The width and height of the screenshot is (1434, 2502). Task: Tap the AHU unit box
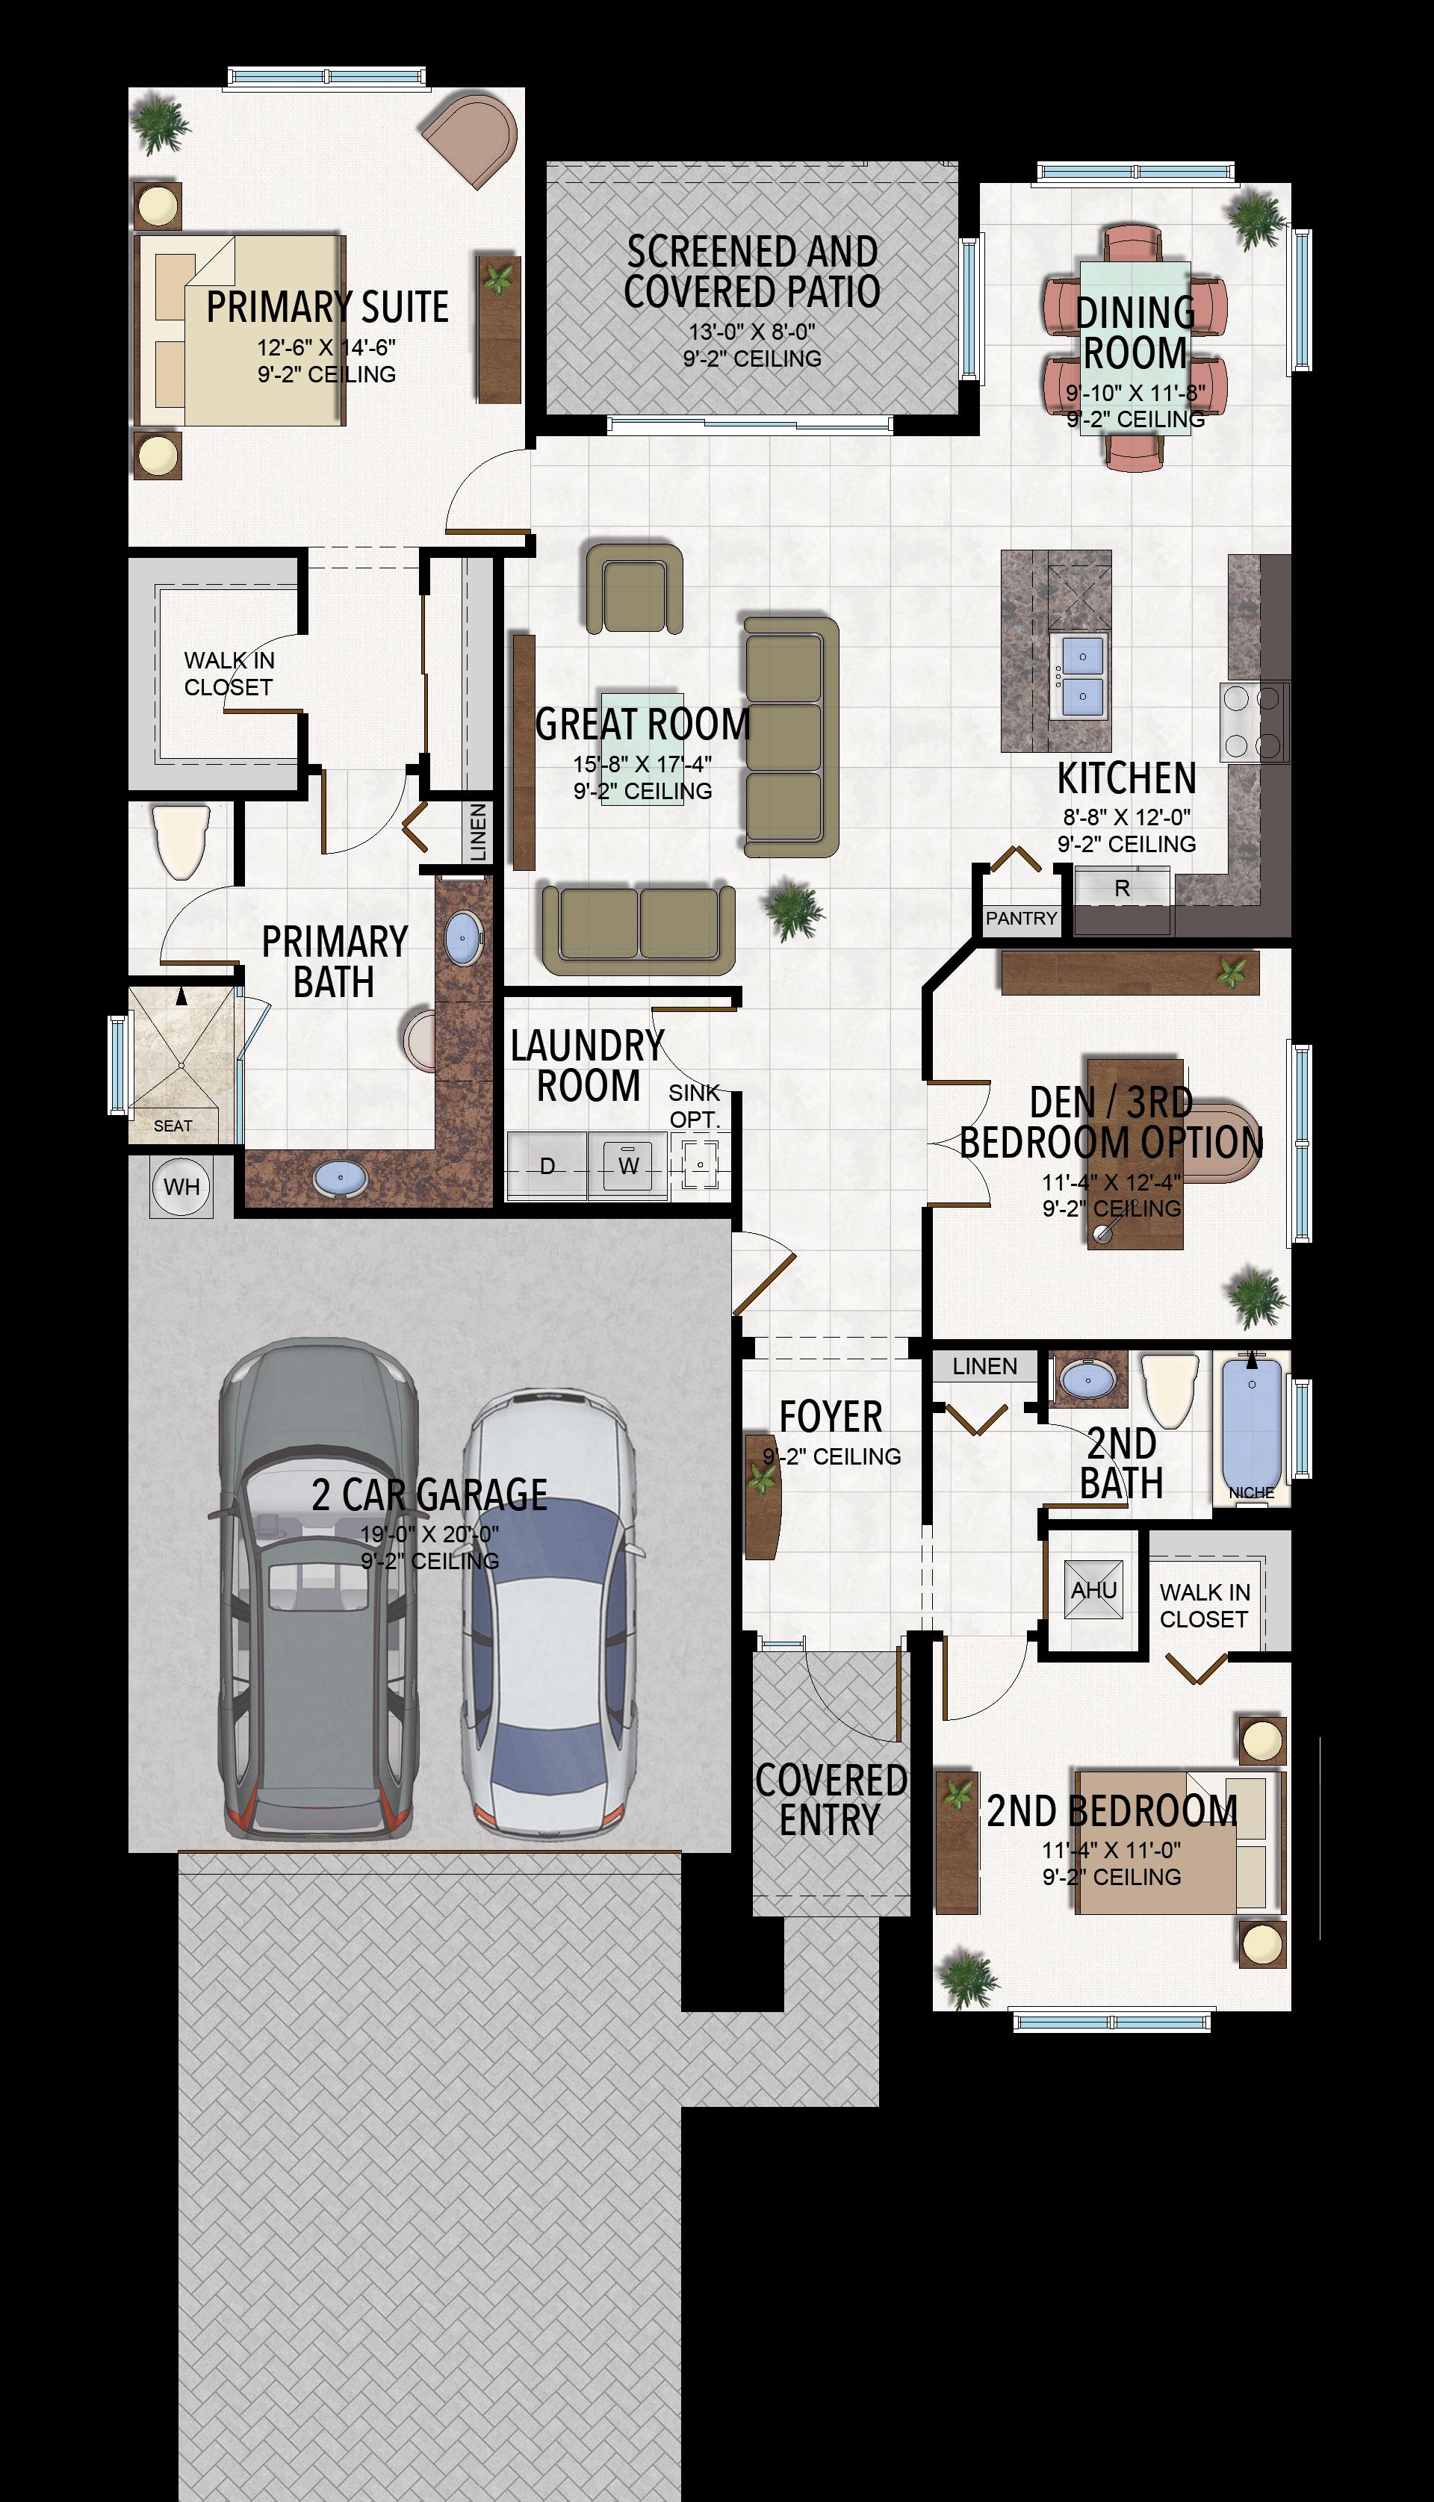[x=1093, y=1589]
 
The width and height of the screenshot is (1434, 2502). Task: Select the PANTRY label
[x=1021, y=918]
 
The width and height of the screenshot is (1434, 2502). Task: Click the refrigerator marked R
[x=1122, y=888]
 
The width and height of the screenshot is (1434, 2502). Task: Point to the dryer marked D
[x=547, y=1166]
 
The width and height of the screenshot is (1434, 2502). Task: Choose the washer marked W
[x=628, y=1166]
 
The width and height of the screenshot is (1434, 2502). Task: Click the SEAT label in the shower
[x=173, y=1126]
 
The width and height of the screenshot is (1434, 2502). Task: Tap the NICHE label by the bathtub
[x=1251, y=1493]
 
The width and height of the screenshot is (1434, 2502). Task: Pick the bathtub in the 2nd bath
[x=1252, y=1423]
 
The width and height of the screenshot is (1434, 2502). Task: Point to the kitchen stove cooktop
[x=1252, y=721]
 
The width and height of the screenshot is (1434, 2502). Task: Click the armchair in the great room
[x=634, y=588]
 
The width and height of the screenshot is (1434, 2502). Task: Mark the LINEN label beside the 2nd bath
[x=985, y=1366]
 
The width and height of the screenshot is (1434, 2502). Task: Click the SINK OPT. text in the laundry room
[x=695, y=1106]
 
